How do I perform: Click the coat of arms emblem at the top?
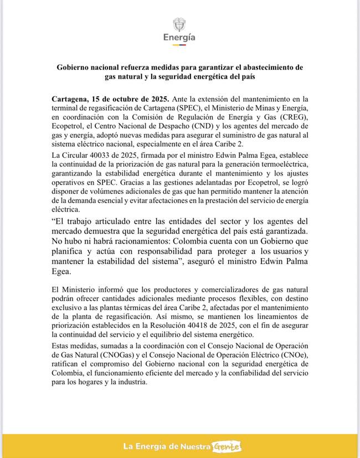click(x=179, y=24)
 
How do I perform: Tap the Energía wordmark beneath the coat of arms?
click(x=179, y=38)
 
